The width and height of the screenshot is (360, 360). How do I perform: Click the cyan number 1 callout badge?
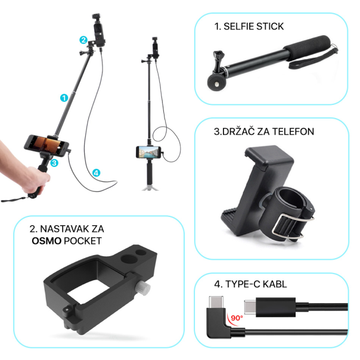coord(64,97)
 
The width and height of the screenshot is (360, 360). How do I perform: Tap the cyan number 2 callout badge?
coord(83,39)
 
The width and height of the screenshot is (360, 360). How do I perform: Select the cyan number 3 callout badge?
coord(54,162)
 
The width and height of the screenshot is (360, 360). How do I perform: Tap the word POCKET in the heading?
coord(85,241)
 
